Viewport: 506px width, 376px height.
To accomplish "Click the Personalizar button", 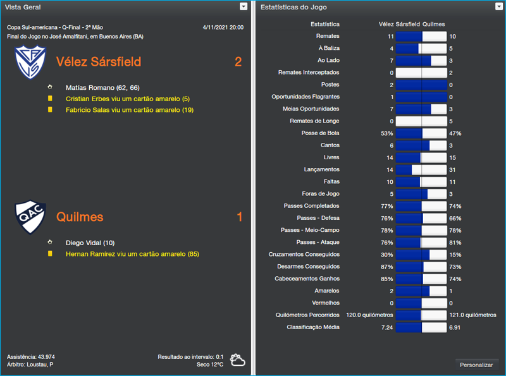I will click(x=476, y=365).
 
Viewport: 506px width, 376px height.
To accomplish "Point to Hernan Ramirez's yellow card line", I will click(x=132, y=254).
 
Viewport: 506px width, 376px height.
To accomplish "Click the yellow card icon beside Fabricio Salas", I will click(x=50, y=110).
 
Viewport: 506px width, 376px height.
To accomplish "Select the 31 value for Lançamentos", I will click(x=453, y=169).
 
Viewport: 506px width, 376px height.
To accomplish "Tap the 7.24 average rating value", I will click(x=387, y=327).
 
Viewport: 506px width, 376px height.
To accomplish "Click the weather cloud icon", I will click(x=238, y=360).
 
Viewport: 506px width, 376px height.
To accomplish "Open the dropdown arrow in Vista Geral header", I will click(x=244, y=6).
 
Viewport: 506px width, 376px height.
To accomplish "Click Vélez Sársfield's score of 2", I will click(x=238, y=62).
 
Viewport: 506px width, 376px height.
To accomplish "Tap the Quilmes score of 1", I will click(x=239, y=217).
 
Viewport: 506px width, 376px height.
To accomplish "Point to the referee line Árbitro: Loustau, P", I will click(x=30, y=365).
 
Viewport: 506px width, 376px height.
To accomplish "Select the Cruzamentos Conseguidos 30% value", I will click(x=386, y=254).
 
